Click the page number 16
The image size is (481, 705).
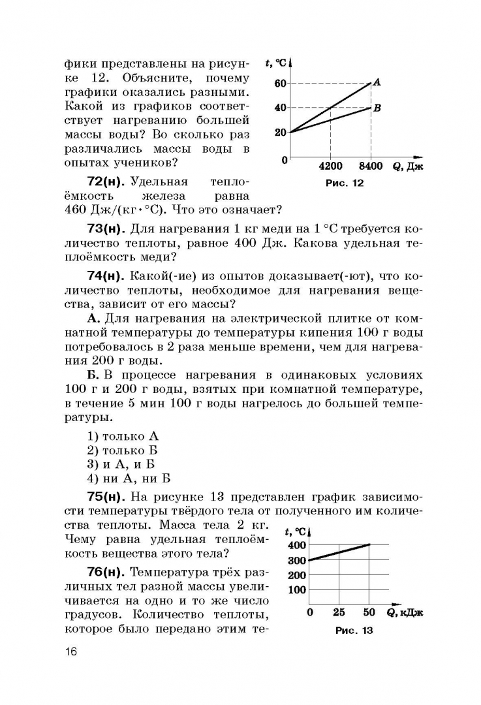[71, 653]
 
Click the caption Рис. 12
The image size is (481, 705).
[344, 183]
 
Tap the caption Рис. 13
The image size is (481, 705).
[354, 631]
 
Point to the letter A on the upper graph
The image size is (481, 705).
[377, 82]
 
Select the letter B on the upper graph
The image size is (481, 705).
[377, 108]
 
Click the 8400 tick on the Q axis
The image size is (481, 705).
[371, 166]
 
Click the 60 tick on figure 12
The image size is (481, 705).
[281, 84]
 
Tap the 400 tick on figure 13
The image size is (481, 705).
[296, 545]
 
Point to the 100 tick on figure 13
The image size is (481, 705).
[296, 590]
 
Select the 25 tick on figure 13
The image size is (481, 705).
[339, 612]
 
